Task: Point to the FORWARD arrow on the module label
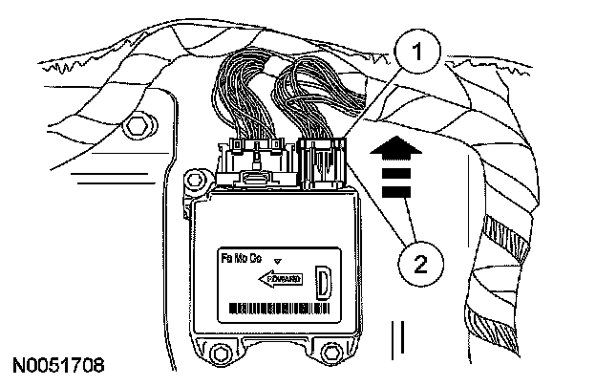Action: [283, 278]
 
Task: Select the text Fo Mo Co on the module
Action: [241, 260]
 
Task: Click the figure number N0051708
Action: [58, 365]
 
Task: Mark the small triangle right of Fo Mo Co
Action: [278, 260]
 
